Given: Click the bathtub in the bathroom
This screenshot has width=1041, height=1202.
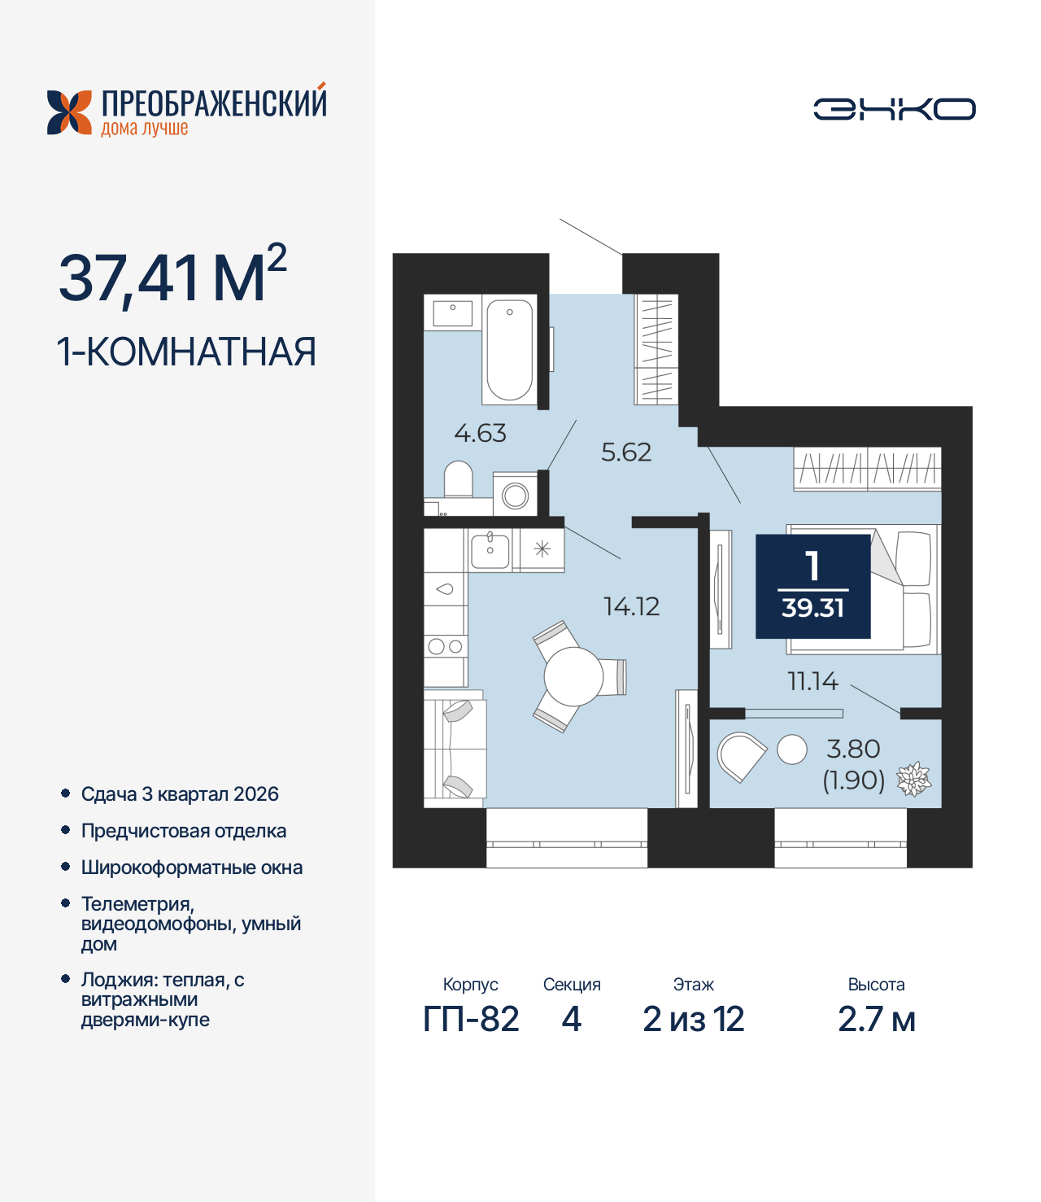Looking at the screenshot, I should coord(510,350).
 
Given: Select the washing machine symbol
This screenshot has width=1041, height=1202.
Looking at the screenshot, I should coord(516,495).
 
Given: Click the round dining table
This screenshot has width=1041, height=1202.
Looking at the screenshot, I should coord(573,676).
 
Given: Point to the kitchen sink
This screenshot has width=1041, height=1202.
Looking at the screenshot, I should coord(490,549).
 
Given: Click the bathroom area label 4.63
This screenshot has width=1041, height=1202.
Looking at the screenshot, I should coord(480,433).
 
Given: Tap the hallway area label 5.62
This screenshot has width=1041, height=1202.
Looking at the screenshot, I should coord(626,452).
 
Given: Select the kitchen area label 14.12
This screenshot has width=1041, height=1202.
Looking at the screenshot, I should coord(631,606).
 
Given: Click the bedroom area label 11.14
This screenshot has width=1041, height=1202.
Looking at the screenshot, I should coord(812,681).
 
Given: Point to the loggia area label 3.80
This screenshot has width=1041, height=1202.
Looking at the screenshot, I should coord(853,749).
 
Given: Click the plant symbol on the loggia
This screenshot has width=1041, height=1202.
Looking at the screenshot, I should coord(913,779).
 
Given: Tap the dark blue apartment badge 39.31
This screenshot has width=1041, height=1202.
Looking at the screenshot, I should coord(812,586).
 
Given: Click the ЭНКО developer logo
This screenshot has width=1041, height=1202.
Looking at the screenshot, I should coord(894,109).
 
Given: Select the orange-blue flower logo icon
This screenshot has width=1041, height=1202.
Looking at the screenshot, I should coord(69,112).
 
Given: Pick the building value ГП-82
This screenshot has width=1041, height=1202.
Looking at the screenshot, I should coord(471,1019).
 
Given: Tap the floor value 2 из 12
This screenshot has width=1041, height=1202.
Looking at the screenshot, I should coord(693,1019).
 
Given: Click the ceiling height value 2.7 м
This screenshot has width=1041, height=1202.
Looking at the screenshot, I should coord(877,1019).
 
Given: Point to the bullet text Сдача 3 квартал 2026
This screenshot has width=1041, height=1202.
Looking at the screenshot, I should coord(180,794).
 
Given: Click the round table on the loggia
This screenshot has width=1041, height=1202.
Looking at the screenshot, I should coord(791,750).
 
